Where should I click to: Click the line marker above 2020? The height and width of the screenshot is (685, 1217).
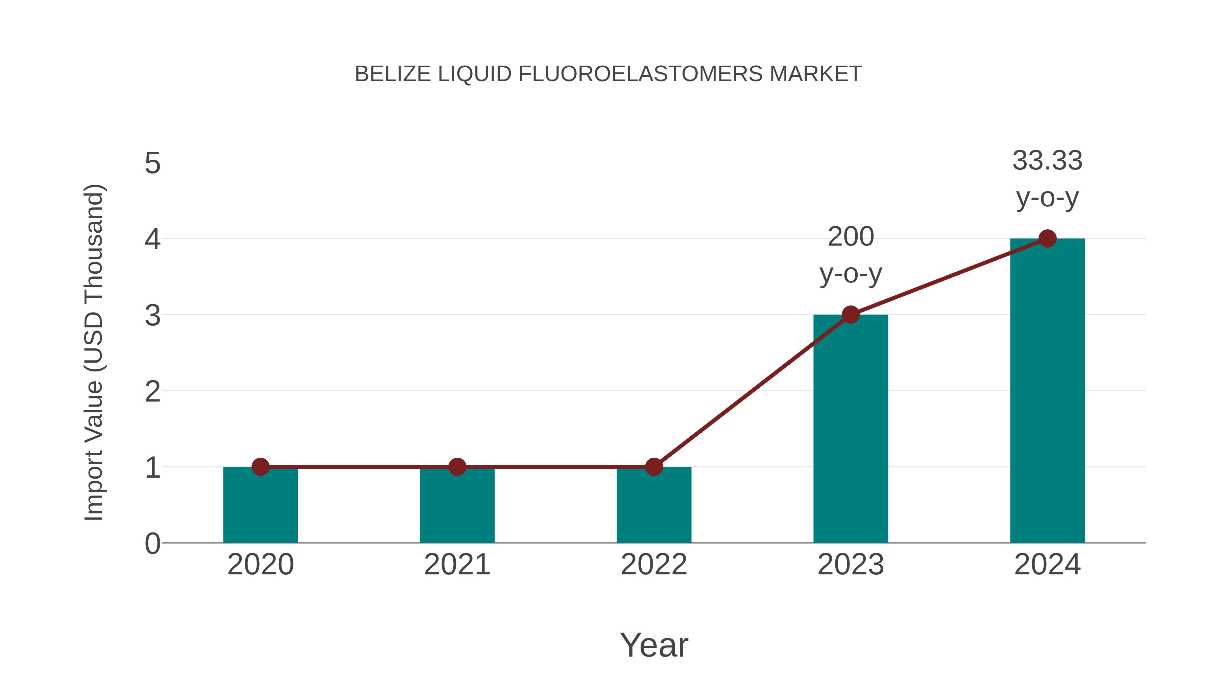click(260, 467)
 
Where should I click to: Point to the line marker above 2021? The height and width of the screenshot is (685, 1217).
click(457, 467)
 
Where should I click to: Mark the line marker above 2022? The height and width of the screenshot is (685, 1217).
click(654, 467)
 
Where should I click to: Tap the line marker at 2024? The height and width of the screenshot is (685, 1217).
click(1047, 239)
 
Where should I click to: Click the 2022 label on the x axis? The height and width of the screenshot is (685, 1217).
click(654, 565)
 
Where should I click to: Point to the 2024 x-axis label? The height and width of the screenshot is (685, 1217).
click(1047, 565)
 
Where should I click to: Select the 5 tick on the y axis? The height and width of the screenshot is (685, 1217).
click(152, 164)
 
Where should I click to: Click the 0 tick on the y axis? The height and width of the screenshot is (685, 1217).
click(152, 544)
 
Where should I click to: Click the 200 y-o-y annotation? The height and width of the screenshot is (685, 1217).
click(851, 255)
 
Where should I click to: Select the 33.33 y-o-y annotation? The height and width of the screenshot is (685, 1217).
click(1047, 179)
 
